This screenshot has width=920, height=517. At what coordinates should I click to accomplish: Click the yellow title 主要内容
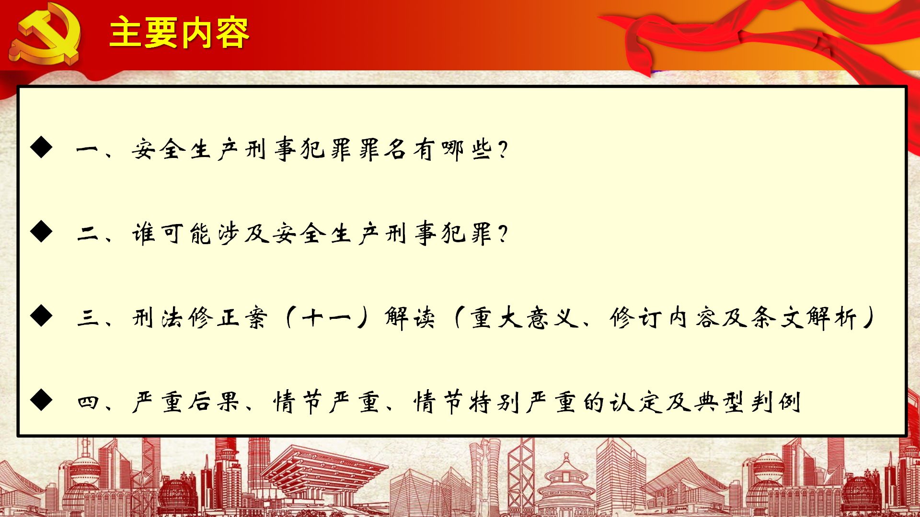[x=179, y=33]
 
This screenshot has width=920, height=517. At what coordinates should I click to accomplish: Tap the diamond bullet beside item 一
[x=41, y=147]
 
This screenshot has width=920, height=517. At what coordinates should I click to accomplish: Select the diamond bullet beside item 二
[x=41, y=232]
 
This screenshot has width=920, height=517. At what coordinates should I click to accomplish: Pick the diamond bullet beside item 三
[x=41, y=316]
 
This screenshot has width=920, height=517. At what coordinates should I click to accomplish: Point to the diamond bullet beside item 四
[x=41, y=400]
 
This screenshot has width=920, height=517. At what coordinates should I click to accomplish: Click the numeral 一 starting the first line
[x=87, y=150]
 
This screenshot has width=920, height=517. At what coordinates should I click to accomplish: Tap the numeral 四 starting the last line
[x=88, y=402]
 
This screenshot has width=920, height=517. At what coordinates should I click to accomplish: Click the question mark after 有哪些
[x=503, y=149]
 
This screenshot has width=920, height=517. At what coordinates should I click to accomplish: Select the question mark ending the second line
[x=503, y=234]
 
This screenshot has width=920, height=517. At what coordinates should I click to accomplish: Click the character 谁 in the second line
[x=144, y=234]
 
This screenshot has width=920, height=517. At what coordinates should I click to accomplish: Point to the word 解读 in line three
[x=410, y=318]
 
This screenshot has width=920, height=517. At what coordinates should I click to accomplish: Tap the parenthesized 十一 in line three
[x=327, y=318]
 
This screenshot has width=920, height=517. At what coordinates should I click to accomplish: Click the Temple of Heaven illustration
[x=566, y=483]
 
